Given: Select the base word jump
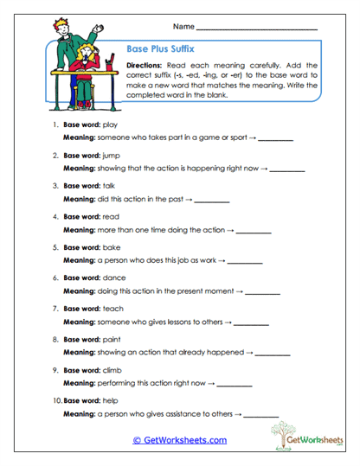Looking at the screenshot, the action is [111, 156].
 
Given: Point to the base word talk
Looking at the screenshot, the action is [109, 185].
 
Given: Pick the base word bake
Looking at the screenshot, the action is [110, 246].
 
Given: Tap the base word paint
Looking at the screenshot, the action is [111, 337].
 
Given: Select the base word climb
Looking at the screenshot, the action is [112, 368].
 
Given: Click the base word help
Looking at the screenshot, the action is [110, 399].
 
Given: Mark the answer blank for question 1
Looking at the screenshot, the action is [275, 139].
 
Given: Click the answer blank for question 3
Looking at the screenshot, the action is [212, 201].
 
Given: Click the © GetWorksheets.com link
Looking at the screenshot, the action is [179, 440].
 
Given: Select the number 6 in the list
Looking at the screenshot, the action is [55, 278].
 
